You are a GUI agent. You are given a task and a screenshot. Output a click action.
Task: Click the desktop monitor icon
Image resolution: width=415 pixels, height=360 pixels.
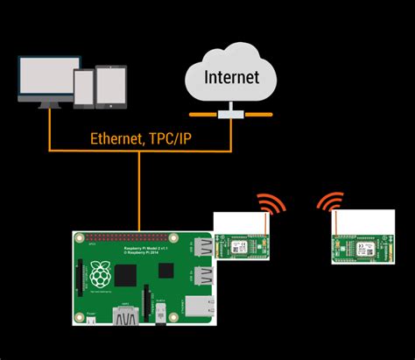tap(44, 80)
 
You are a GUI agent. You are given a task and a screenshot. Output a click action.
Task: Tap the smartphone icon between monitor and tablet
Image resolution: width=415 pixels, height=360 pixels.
tap(84, 89)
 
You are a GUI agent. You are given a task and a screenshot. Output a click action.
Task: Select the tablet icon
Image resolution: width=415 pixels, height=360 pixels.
tap(111, 88)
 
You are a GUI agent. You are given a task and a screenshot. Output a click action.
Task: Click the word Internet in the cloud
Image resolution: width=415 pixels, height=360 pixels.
tap(231, 76)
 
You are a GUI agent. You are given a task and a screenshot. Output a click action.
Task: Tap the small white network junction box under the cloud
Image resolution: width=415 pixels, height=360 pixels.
tap(231, 113)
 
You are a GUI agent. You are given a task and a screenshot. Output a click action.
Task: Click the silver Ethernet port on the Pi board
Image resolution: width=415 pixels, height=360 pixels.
tap(196, 307)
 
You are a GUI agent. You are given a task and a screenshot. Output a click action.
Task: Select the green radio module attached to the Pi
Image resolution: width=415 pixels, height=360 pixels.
tap(242, 247)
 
